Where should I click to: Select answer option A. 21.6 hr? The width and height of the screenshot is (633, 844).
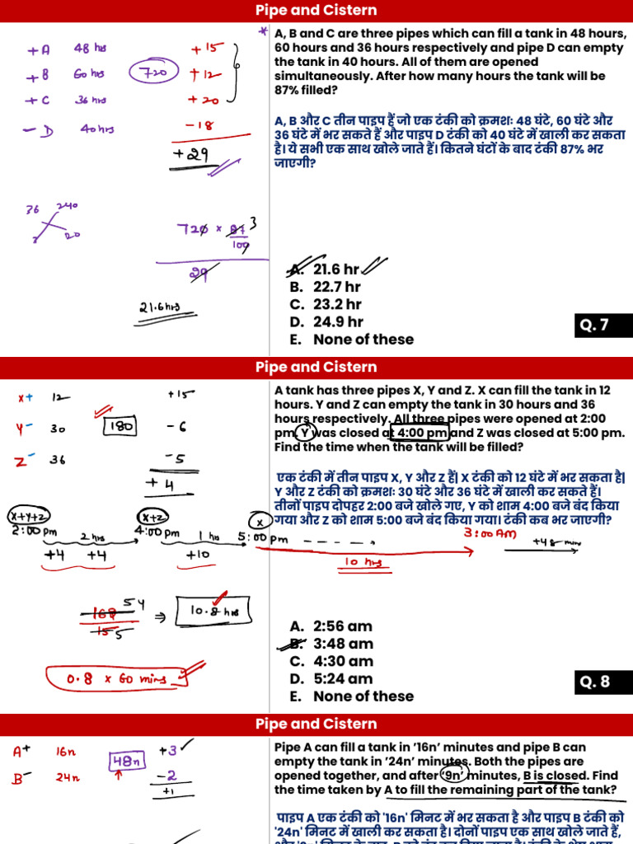tap(325, 270)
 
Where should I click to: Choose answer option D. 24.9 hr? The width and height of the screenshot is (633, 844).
tap(326, 321)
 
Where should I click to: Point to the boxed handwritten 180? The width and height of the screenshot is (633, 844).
tap(120, 427)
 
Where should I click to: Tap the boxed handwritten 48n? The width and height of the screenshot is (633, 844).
tap(123, 762)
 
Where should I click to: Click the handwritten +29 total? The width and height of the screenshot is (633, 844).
tap(190, 155)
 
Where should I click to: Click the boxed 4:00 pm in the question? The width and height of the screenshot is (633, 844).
tap(422, 433)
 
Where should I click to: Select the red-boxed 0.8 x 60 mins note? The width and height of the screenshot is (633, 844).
tap(121, 679)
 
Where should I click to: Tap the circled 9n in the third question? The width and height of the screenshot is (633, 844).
tap(454, 775)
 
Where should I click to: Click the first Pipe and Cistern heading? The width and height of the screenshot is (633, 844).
tap(316, 11)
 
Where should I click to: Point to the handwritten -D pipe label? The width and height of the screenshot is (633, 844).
tap(40, 130)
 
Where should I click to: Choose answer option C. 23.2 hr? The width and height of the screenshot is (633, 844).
tap(326, 304)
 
